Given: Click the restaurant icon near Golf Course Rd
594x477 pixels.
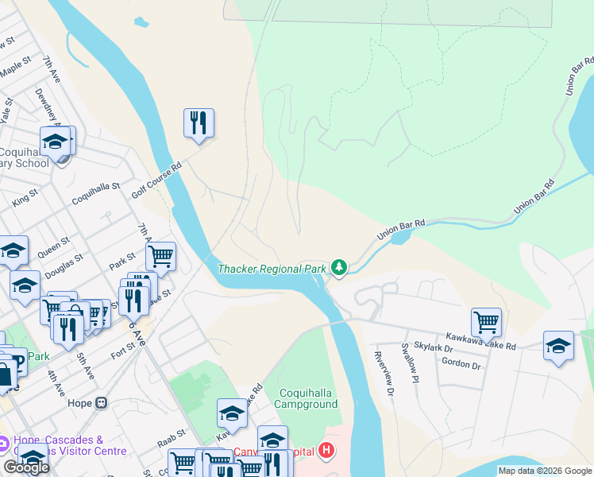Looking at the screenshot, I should click(x=199, y=122).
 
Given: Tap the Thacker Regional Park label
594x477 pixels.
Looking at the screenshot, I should click(x=272, y=269).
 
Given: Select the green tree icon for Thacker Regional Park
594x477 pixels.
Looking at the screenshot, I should click(x=339, y=268).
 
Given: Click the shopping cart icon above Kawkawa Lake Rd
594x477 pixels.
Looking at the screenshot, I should click(x=485, y=322).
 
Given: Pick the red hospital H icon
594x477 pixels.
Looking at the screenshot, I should click(x=326, y=452).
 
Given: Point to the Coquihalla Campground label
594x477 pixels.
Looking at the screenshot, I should click(x=307, y=397).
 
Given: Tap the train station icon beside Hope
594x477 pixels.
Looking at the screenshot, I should click(x=101, y=402).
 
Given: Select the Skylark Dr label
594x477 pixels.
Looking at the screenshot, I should click(x=438, y=349).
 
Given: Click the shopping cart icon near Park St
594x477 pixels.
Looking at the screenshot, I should click(x=160, y=256).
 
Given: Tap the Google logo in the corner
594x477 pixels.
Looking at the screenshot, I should click(x=26, y=467).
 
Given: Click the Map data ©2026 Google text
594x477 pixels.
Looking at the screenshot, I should click(x=545, y=471).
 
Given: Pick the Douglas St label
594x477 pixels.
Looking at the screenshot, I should click(x=65, y=265).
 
